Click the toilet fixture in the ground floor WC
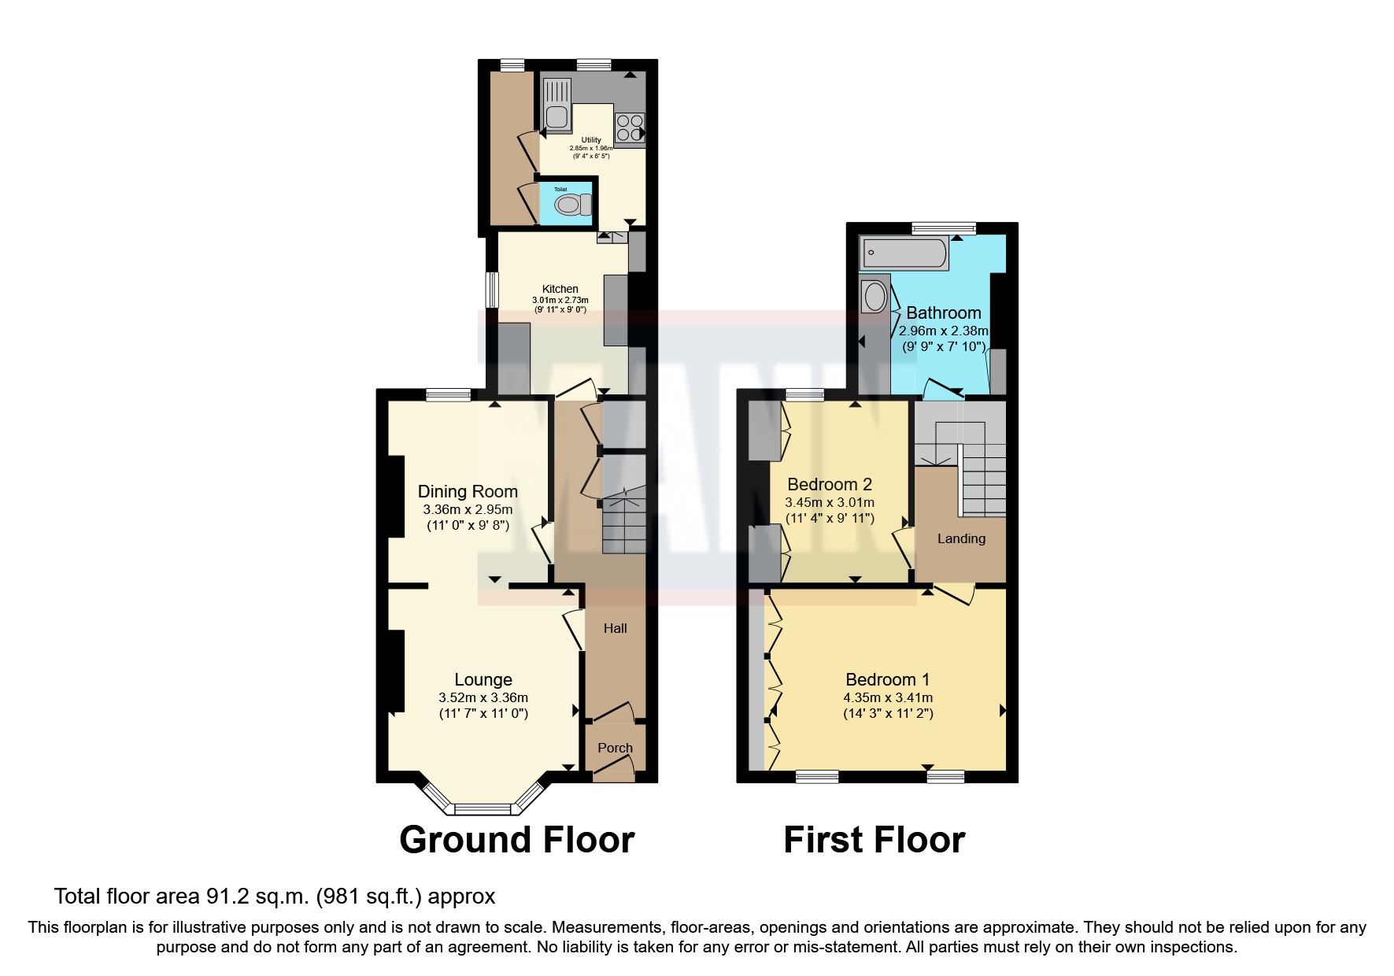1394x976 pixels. (x=573, y=205)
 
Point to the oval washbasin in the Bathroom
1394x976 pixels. (x=874, y=298)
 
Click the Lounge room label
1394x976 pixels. (x=483, y=679)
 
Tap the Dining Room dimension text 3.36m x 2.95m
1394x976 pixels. (x=468, y=509)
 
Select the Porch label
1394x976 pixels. (x=615, y=748)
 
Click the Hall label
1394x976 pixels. (x=615, y=628)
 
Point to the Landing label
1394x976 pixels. (x=961, y=538)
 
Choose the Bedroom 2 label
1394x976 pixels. (x=830, y=484)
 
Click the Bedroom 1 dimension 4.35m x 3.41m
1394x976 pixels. (x=888, y=697)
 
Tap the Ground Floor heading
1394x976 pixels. (x=516, y=839)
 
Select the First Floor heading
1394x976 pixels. (x=874, y=839)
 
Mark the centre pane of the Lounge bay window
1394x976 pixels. (x=483, y=808)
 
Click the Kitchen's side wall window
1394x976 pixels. (x=492, y=290)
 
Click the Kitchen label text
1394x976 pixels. (x=560, y=289)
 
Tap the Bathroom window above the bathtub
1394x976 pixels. (x=944, y=228)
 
